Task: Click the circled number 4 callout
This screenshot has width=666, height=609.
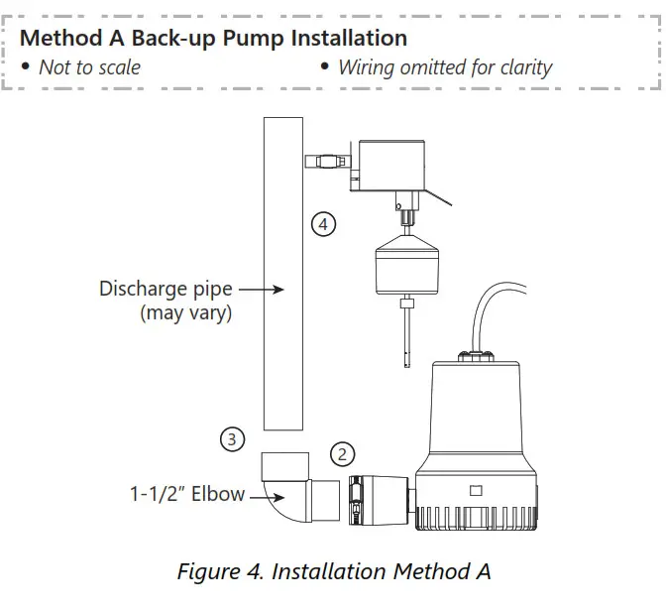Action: [323, 224]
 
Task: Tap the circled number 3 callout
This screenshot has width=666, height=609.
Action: [232, 437]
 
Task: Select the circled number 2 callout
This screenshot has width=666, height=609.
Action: [342, 454]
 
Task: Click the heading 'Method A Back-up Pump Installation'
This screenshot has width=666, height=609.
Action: [213, 39]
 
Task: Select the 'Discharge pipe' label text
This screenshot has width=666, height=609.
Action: [166, 290]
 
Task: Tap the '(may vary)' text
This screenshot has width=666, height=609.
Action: [185, 313]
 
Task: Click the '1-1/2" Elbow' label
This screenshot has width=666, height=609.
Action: [186, 493]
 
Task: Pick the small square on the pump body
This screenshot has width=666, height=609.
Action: [476, 489]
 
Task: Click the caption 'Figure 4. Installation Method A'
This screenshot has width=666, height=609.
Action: [333, 571]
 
